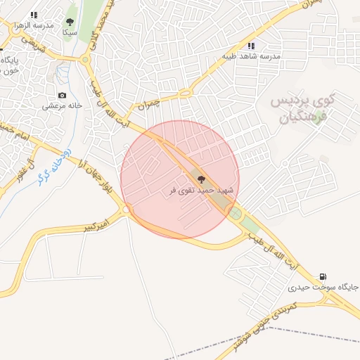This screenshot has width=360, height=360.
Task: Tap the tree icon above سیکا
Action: point(70,22)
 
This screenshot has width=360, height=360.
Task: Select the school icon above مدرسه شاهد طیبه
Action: point(251,46)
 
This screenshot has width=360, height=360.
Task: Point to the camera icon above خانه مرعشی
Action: point(63,95)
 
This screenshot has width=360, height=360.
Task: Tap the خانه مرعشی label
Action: point(62,105)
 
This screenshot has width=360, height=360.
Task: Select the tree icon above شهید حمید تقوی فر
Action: point(202,180)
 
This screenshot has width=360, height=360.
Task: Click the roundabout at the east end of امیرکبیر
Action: point(127,209)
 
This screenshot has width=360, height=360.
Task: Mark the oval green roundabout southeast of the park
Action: point(234,213)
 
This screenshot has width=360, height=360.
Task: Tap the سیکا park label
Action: point(69,32)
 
